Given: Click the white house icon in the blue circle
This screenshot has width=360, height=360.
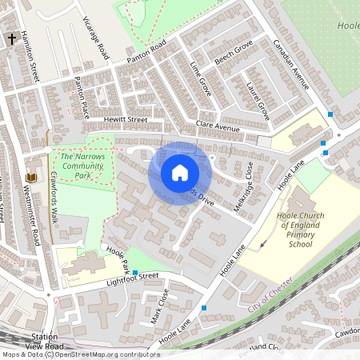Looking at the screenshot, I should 180,173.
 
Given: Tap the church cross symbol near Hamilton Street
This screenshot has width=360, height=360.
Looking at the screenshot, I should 11,38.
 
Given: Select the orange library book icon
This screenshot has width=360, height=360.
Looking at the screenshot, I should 31,177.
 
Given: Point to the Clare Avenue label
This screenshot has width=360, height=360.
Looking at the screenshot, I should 218,126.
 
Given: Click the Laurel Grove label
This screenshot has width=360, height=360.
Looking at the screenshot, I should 258,101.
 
